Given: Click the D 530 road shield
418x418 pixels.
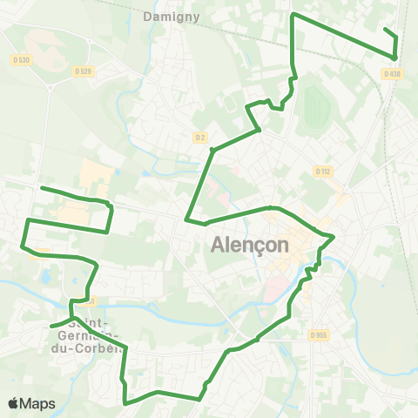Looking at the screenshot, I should [23, 59].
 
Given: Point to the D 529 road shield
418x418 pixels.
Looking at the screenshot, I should [83, 71].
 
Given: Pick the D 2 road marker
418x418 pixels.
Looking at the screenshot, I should [199, 137].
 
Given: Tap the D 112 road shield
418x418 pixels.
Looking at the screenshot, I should [324, 172].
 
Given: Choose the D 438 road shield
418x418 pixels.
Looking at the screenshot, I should [395, 74].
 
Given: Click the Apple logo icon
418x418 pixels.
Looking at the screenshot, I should [14, 403].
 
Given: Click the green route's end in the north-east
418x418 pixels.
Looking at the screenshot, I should [385, 29].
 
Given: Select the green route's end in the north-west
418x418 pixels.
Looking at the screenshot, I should [42, 188].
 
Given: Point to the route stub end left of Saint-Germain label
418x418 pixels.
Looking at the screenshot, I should [52, 327].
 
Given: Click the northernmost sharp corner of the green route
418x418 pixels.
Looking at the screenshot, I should [292, 15].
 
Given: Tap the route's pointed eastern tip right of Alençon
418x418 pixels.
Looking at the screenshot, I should [334, 236].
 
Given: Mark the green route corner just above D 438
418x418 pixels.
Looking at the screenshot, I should [395, 57].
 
